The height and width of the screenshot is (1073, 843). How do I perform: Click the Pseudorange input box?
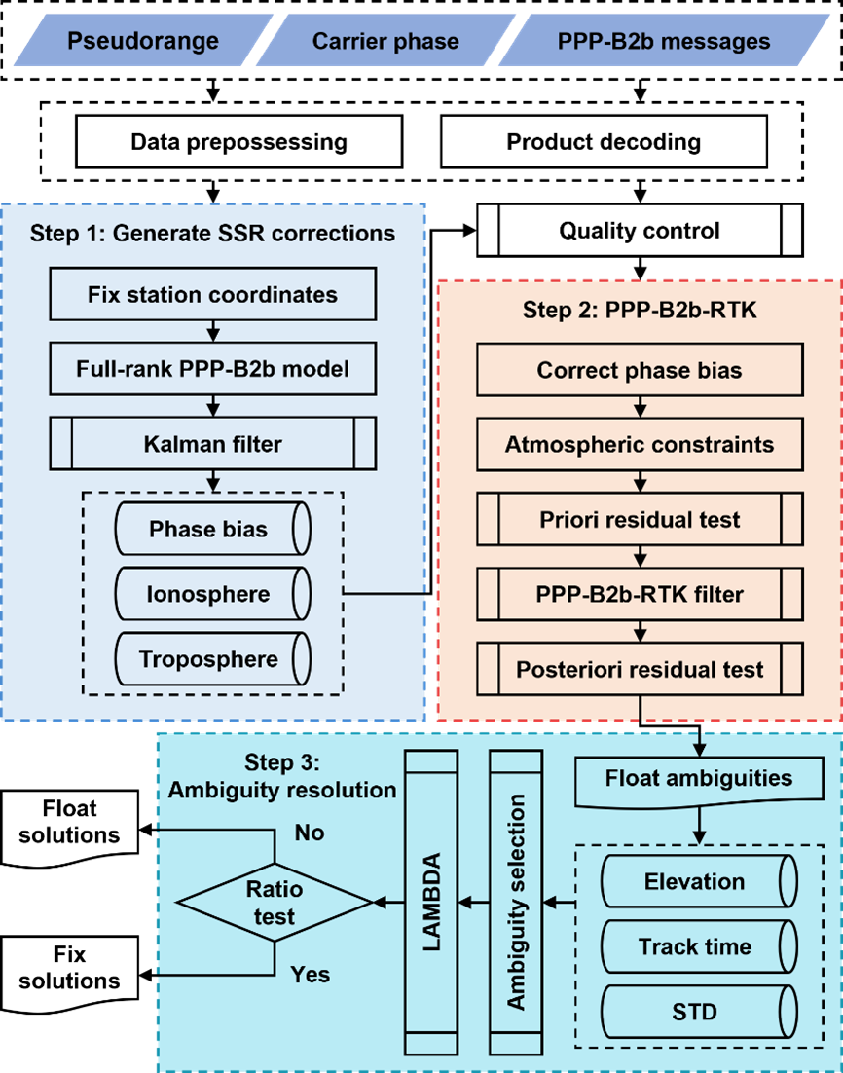point(143,40)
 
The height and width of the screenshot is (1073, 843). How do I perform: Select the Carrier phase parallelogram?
point(385,40)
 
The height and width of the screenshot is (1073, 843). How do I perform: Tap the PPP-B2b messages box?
point(664,40)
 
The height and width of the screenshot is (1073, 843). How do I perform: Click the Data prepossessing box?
point(238,141)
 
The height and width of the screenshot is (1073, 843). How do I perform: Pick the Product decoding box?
point(604,141)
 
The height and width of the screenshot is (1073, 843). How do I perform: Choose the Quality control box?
point(640,231)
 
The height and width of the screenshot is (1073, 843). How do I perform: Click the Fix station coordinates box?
point(213,294)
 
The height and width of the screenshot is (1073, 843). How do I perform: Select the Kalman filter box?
point(213,443)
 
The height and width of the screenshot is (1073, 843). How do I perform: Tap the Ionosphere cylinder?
point(213,594)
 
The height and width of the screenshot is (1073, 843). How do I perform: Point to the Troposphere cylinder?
point(213,659)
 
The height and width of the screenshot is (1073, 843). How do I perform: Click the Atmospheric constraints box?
point(640,444)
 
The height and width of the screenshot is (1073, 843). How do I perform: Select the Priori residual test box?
point(640,519)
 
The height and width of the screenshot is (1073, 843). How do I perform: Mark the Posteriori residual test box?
point(640,669)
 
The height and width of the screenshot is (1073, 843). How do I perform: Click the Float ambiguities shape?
point(699,779)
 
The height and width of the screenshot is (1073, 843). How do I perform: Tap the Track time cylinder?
point(699,946)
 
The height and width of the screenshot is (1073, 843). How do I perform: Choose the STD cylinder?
point(699,1012)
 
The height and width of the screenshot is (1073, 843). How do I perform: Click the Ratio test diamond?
point(275,903)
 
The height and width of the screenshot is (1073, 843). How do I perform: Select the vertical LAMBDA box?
point(431,903)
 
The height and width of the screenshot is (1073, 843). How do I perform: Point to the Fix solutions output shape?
point(69,969)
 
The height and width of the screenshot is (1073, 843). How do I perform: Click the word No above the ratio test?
point(310,832)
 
